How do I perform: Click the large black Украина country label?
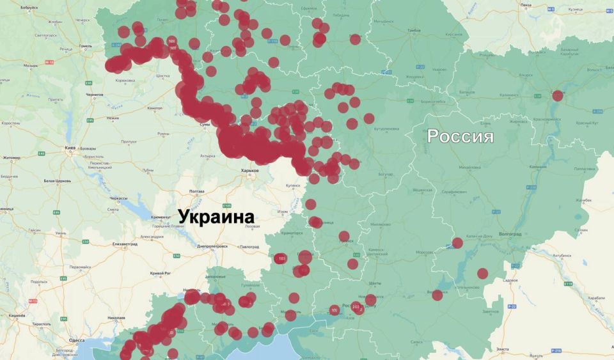216,217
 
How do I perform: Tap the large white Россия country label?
460,136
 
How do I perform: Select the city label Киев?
70,148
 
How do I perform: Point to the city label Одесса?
76,340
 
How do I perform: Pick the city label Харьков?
249,171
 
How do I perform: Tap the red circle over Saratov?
557,96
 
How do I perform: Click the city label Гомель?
86,46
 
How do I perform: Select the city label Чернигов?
95,95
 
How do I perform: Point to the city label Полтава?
196,191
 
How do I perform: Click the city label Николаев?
116,317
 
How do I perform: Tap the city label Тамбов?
413,30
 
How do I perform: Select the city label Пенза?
526,5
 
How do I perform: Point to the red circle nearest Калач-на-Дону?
457,243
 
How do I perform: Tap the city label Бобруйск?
29,7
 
